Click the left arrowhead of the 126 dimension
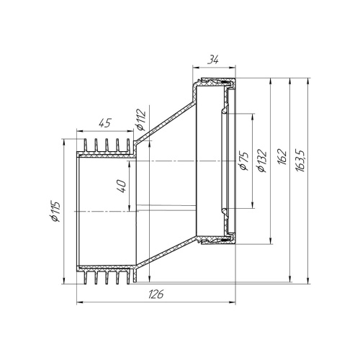click(78, 302)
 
